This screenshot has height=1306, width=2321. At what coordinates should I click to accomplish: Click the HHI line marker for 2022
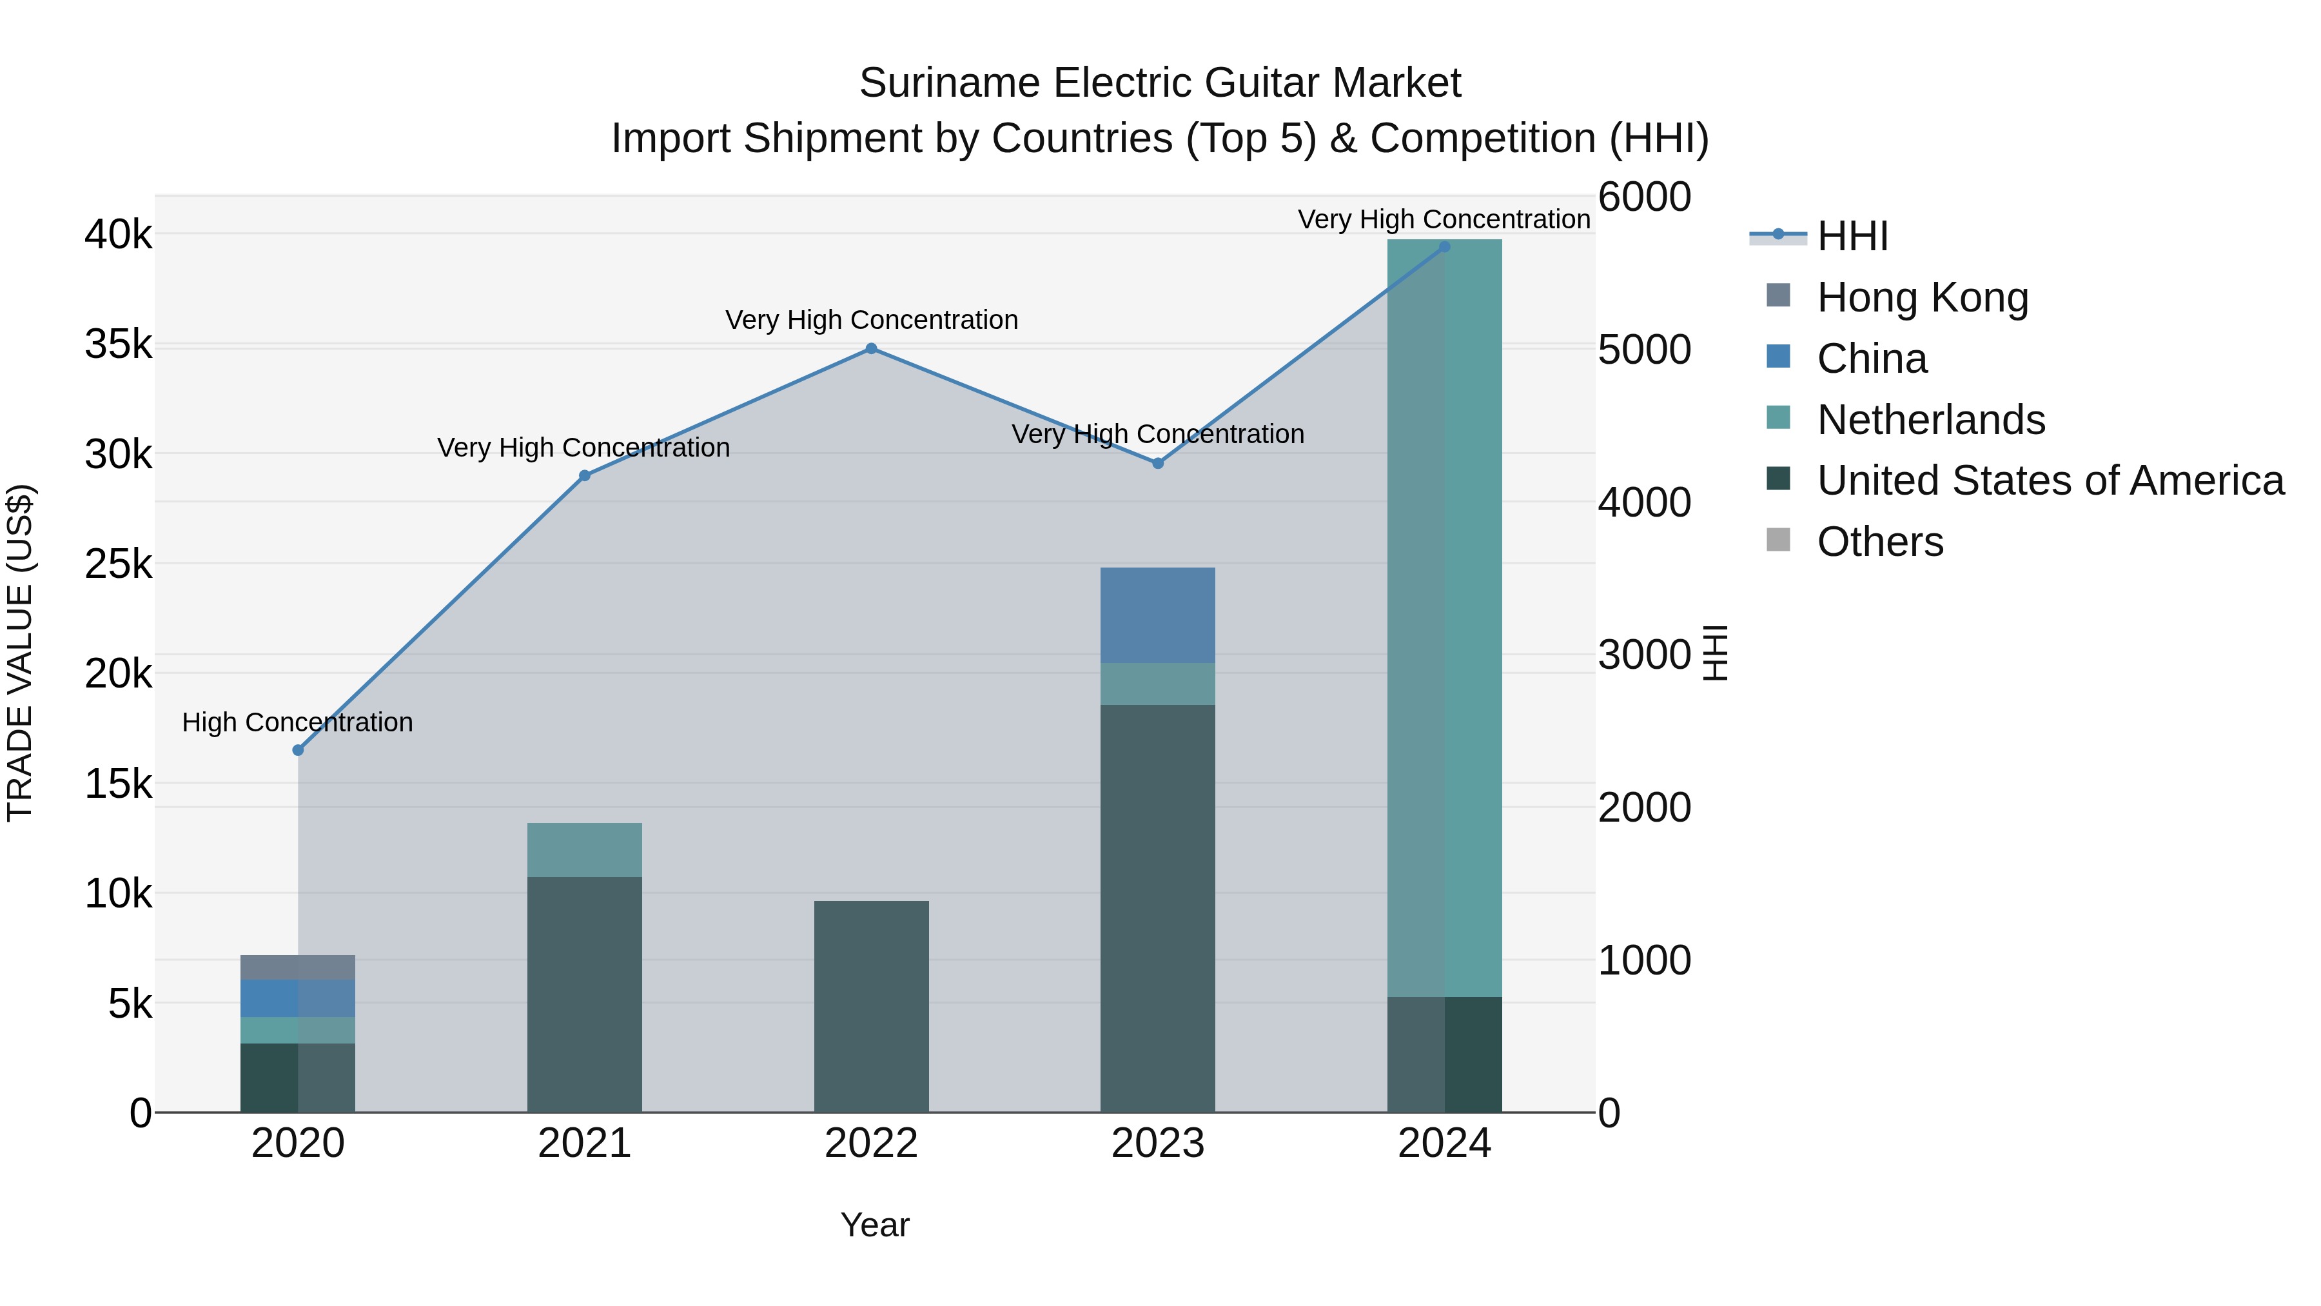[x=870, y=349]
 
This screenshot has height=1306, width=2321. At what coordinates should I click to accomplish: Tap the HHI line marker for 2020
[x=299, y=750]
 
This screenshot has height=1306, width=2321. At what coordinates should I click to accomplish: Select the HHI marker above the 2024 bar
[x=1444, y=247]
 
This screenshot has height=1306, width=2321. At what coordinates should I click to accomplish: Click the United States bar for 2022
[x=870, y=1006]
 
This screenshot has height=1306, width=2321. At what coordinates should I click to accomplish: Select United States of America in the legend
[x=2050, y=480]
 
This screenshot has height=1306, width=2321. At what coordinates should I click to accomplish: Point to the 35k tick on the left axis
[x=119, y=344]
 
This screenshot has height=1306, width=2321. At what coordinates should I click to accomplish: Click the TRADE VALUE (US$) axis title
[x=20, y=653]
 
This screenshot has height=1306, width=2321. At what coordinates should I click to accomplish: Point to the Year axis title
[x=874, y=1225]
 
